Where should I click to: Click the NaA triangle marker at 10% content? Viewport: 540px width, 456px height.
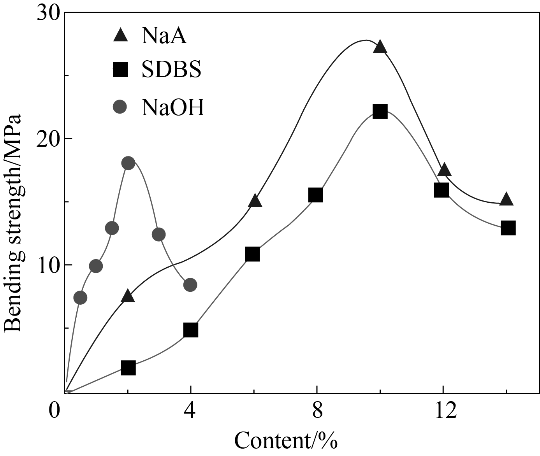pos(380,47)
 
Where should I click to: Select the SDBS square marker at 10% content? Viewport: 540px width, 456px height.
pos(380,112)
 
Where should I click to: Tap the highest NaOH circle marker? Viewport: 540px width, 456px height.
pos(128,163)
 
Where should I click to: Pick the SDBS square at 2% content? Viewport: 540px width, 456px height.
pos(128,368)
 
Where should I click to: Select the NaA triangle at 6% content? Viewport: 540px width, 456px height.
pos(255,201)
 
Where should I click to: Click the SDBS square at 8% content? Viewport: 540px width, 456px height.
pos(316,195)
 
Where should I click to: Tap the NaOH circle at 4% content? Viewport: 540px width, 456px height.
pos(190,285)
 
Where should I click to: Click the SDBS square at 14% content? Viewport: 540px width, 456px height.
pos(508,228)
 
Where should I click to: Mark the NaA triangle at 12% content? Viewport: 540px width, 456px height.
pos(444,170)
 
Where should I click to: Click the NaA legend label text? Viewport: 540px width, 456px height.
pos(164,35)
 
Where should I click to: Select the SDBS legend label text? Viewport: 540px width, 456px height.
pos(171,70)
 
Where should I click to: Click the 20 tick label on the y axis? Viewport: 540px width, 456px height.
pos(49,139)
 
